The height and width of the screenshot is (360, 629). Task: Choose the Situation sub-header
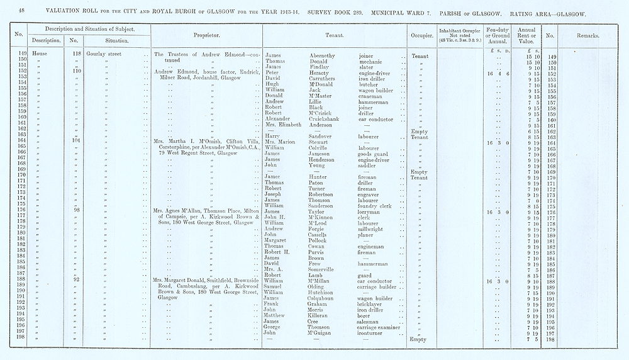pos(116,41)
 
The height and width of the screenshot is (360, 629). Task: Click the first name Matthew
pos(275,315)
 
